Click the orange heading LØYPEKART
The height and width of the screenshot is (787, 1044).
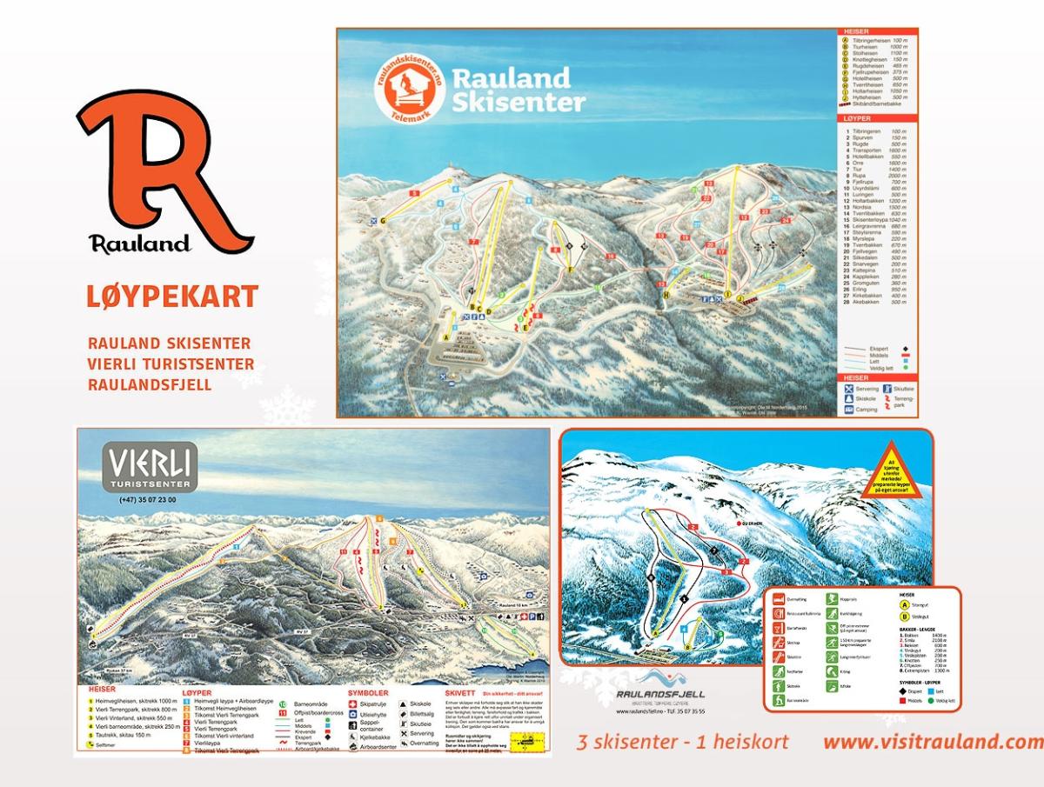[172, 297]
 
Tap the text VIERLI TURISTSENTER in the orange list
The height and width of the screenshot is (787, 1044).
[171, 363]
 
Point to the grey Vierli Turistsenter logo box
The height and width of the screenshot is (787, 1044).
[151, 467]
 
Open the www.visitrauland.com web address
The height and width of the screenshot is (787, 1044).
[932, 743]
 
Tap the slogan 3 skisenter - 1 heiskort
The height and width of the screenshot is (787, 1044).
[683, 743]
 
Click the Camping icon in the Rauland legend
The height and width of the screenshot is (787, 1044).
[848, 408]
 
